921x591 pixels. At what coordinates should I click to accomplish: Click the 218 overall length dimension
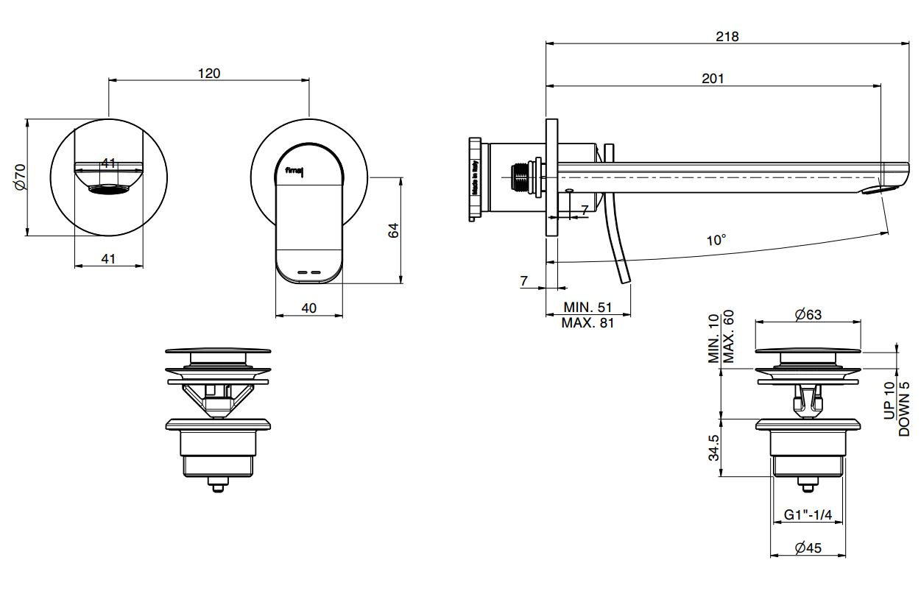click(x=727, y=37)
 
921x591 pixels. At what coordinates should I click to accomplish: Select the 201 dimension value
click(x=713, y=79)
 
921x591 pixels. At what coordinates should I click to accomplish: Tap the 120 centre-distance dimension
click(x=209, y=73)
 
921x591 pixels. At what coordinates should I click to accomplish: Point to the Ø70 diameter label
click(x=20, y=177)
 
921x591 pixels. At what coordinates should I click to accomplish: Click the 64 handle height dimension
click(x=393, y=230)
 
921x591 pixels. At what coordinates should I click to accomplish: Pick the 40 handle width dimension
click(x=308, y=308)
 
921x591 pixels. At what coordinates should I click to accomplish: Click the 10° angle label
click(x=716, y=240)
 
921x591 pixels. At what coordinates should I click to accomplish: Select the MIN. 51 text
click(x=587, y=307)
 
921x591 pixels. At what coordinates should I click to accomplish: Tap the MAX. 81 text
click(x=587, y=322)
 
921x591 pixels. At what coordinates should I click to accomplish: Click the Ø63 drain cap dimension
click(x=808, y=315)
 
